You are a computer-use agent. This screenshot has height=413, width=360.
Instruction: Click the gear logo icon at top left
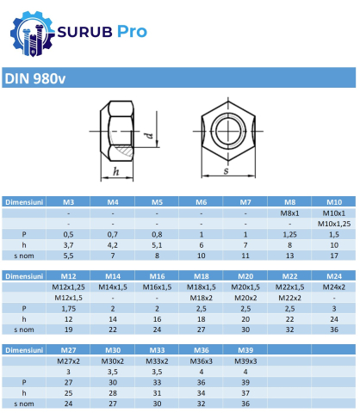click(x=25, y=33)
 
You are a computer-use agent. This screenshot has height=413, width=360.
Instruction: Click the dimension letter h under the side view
click(x=115, y=171)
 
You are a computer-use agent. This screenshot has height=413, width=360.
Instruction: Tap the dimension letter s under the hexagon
click(x=227, y=170)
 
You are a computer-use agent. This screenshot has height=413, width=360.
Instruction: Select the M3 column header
click(x=68, y=201)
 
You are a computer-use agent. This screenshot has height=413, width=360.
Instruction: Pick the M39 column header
click(x=245, y=351)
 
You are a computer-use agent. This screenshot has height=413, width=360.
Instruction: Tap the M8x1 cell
click(x=289, y=213)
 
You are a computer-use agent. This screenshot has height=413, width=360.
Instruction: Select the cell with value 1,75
click(x=68, y=308)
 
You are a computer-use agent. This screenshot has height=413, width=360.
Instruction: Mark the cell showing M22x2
click(x=289, y=298)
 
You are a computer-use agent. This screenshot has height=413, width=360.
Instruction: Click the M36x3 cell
click(x=201, y=361)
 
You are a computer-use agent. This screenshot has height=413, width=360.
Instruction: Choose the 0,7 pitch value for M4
click(x=113, y=234)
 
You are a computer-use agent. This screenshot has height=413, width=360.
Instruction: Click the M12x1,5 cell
click(x=68, y=298)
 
